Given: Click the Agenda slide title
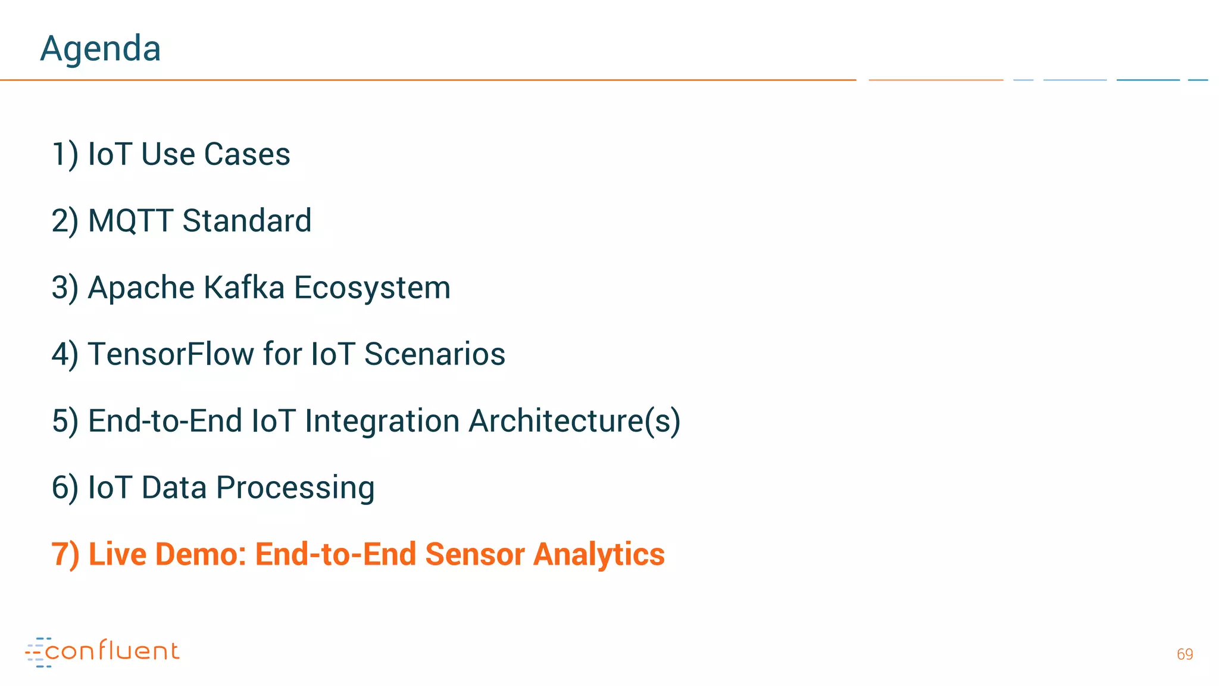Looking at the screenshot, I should click(x=101, y=48).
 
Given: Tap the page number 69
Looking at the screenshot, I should click(x=1184, y=654).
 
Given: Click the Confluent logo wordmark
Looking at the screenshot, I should click(x=112, y=651).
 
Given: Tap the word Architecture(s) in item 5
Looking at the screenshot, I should click(x=574, y=421).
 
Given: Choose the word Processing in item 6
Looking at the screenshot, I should click(x=295, y=488).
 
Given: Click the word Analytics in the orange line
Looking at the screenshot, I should click(x=599, y=554).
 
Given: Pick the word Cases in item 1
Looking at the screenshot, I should click(x=247, y=154).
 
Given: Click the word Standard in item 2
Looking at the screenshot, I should click(x=247, y=221).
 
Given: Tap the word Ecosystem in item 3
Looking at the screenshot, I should click(x=372, y=288).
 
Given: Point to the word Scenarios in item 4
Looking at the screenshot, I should click(x=435, y=354).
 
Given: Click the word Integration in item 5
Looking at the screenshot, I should click(x=382, y=421).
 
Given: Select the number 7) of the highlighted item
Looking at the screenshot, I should click(x=65, y=554).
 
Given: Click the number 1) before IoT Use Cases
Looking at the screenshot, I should click(x=65, y=154).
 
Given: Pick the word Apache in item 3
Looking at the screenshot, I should click(x=141, y=288).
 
